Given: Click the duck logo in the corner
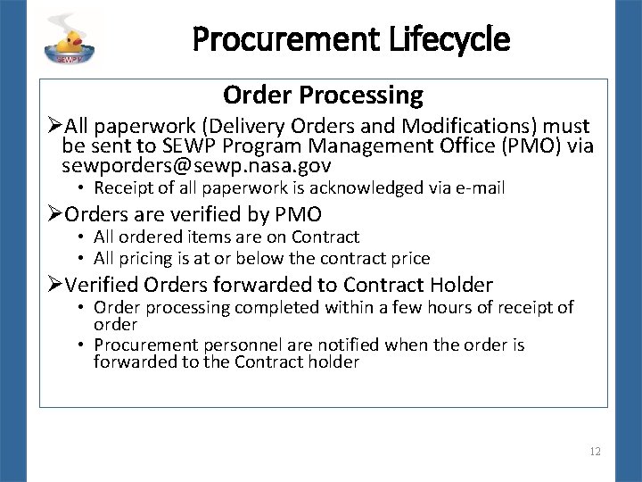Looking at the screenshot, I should (x=72, y=38).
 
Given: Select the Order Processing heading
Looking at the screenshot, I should (x=323, y=95).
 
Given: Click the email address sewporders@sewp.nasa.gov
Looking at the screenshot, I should (x=196, y=165).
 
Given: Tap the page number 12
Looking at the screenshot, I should (x=595, y=452).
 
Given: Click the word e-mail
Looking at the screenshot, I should (x=480, y=188).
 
